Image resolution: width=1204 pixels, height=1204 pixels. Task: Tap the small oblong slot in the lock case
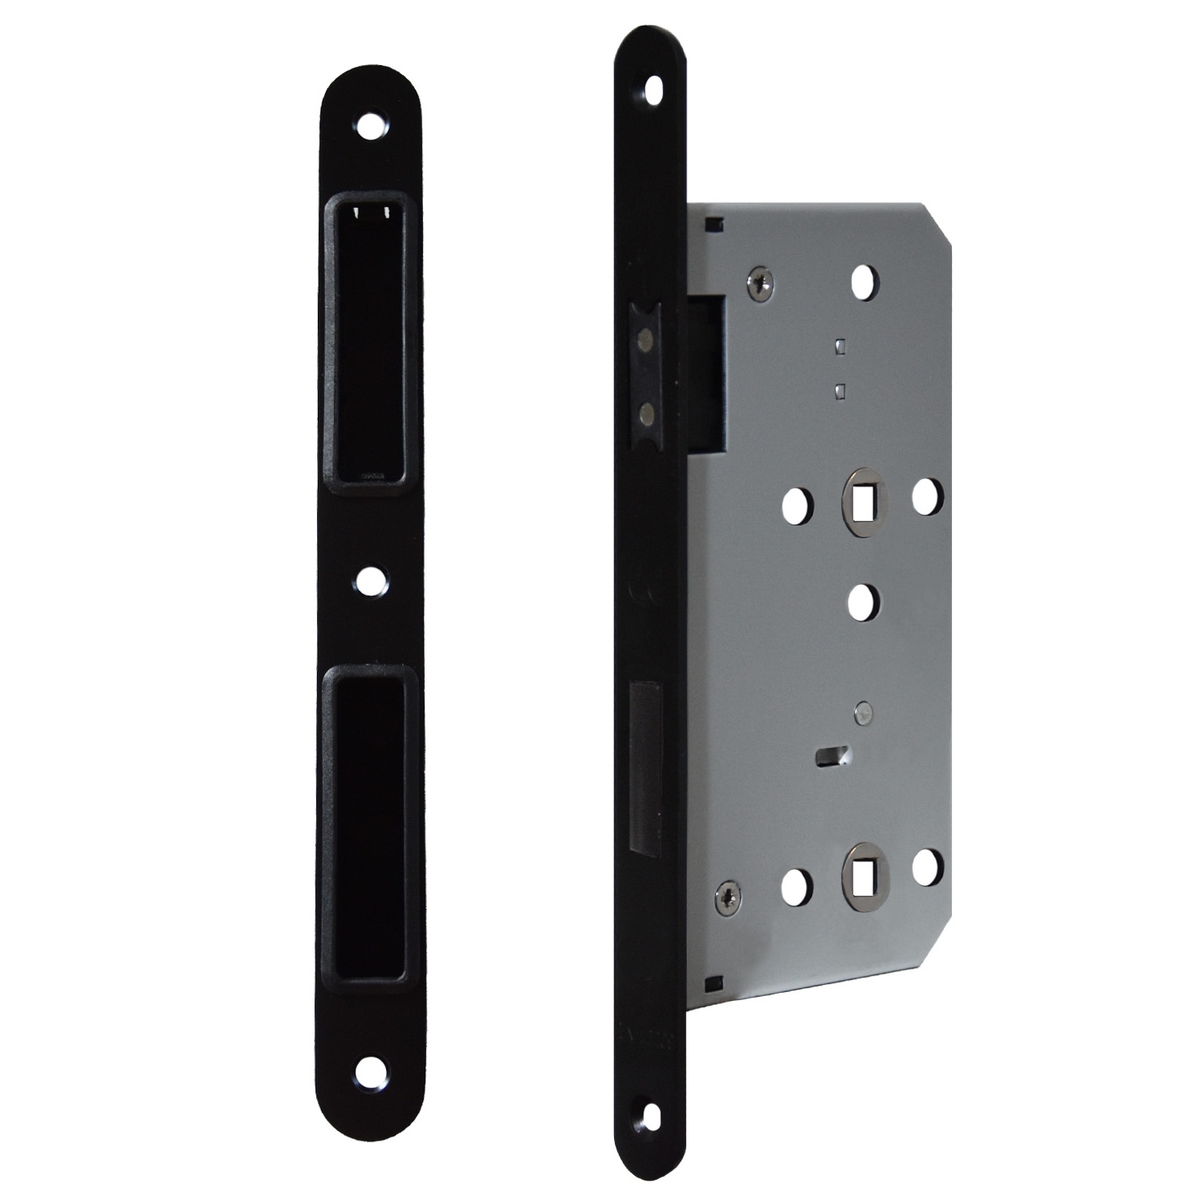(x=826, y=755)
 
